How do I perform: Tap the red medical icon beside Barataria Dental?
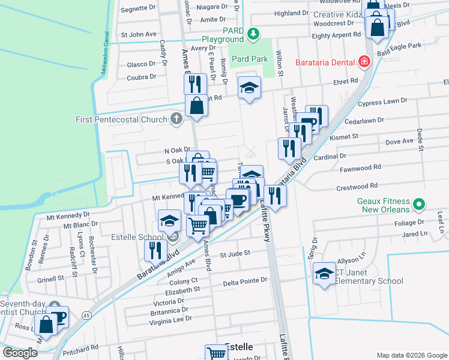363,62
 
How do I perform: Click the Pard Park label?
250,59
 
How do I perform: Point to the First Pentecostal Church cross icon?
176,118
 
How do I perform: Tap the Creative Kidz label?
339,14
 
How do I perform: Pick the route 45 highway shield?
87,315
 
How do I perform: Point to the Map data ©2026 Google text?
412,355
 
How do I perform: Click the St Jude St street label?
235,253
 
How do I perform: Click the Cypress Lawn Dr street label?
394,103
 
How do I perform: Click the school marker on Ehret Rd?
249,89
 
